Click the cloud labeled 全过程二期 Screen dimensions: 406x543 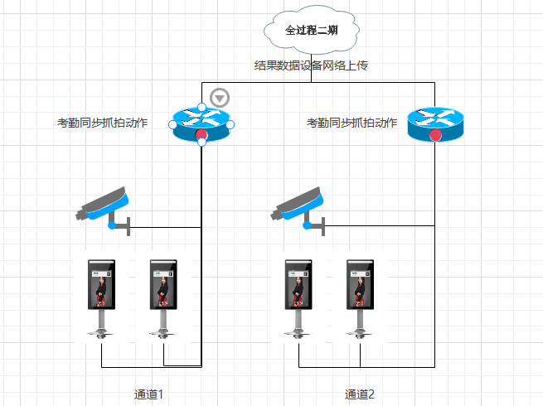pyautogui.click(x=311, y=31)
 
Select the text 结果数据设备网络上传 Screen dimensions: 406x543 pyautogui.click(x=311, y=65)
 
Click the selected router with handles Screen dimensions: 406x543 pyautogui.click(x=201, y=123)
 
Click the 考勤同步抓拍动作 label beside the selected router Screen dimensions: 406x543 pyautogui.click(x=102, y=123)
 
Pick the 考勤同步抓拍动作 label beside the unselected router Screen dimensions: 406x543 pyautogui.click(x=352, y=123)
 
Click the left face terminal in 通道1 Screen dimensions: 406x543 pyautogui.click(x=101, y=298)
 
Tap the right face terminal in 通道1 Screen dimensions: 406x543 pyautogui.click(x=163, y=298)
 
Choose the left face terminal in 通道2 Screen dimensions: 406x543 pyautogui.click(x=297, y=298)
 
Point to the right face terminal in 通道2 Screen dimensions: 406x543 pyautogui.click(x=360, y=298)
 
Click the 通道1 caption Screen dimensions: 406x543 pyautogui.click(x=149, y=394)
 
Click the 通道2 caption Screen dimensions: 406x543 pyautogui.click(x=360, y=394)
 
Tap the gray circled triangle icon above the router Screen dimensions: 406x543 pyautogui.click(x=219, y=98)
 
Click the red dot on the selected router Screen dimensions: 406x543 pyautogui.click(x=201, y=135)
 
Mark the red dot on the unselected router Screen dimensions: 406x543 pyautogui.click(x=436, y=135)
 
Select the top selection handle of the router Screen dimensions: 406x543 pyautogui.click(x=201, y=107)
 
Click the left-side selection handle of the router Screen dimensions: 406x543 pyautogui.click(x=172, y=124)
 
